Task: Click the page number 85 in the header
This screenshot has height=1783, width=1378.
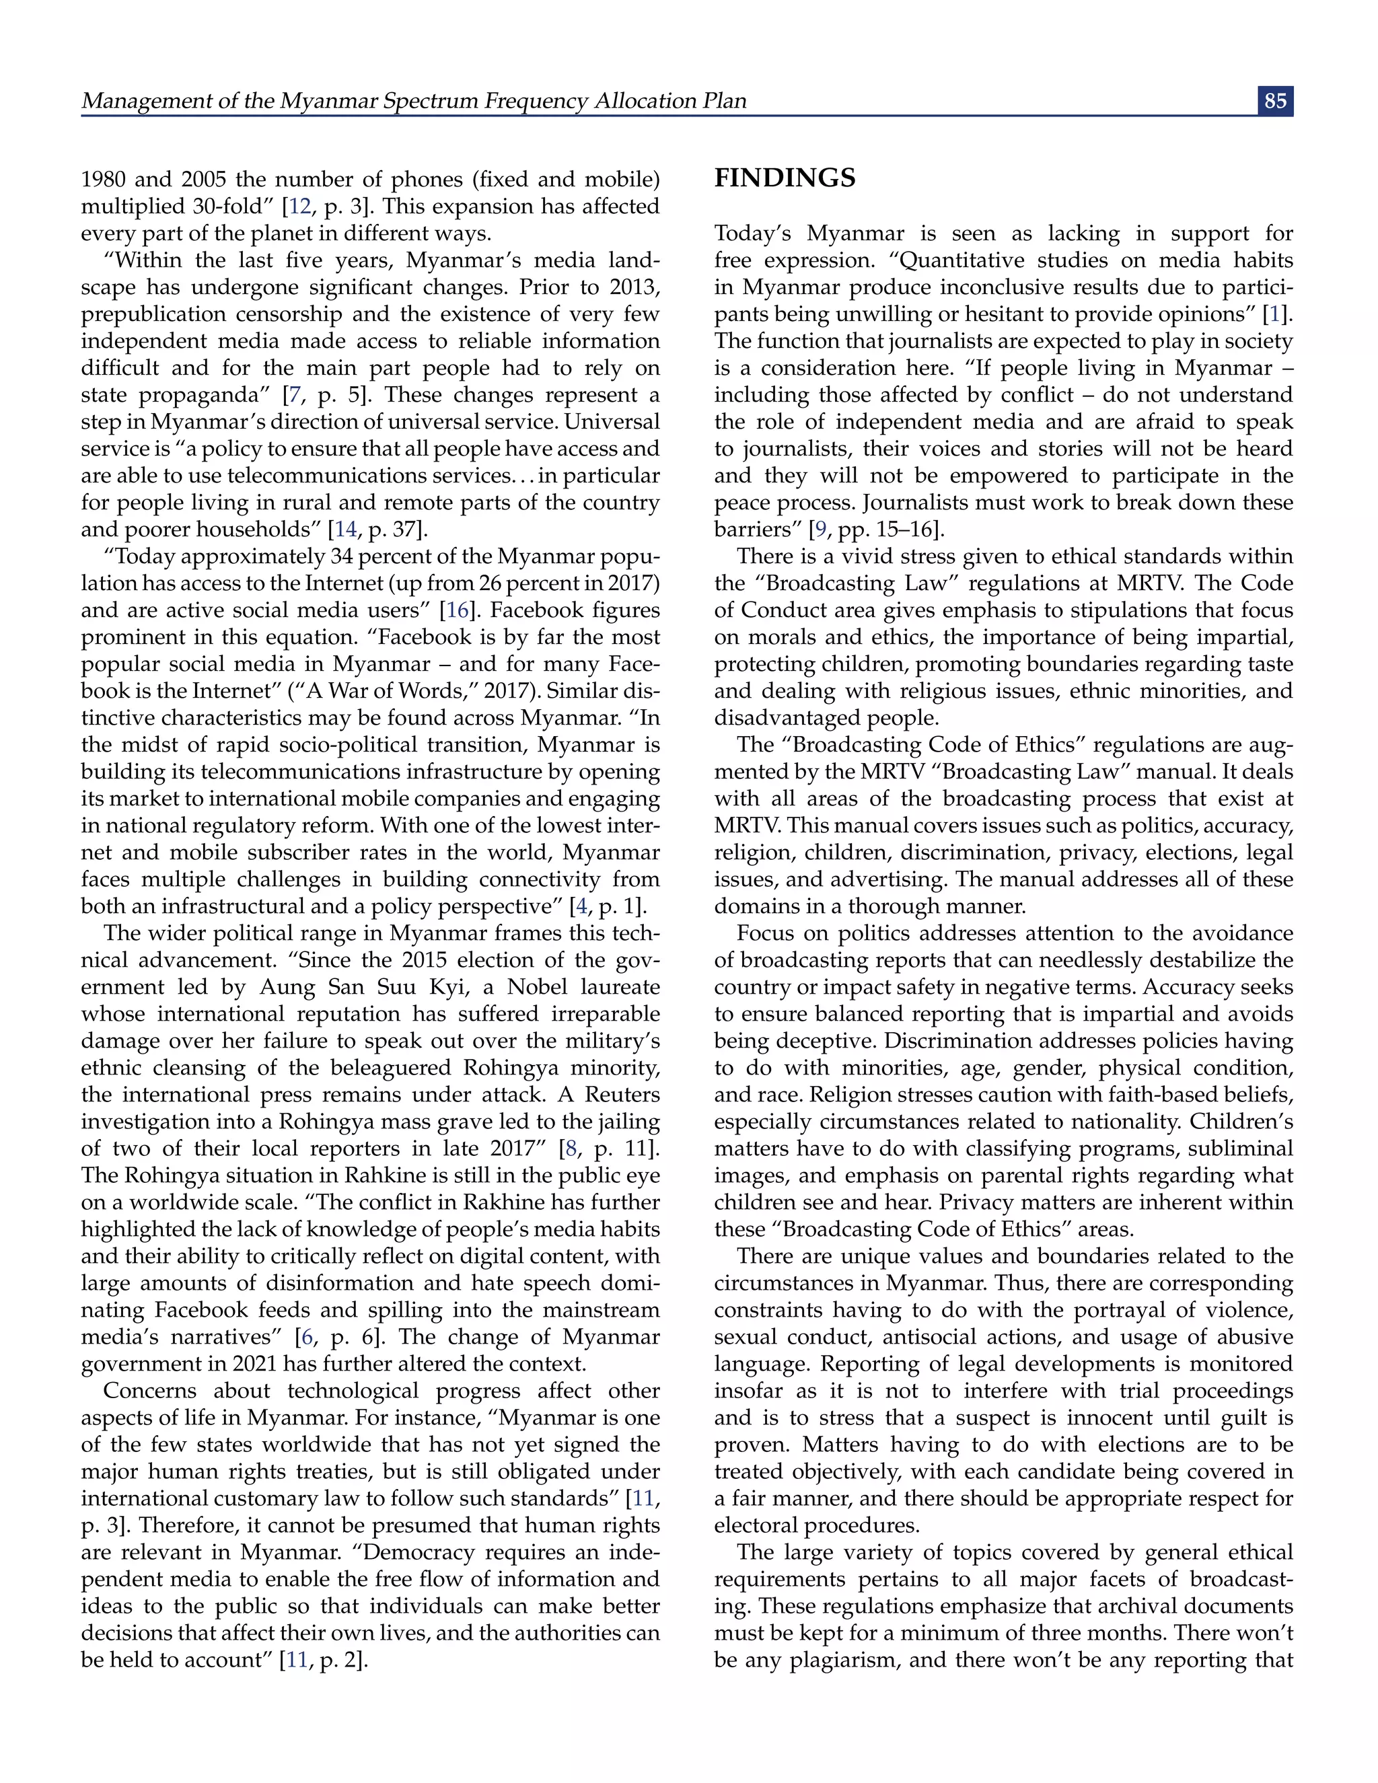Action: coord(1275,100)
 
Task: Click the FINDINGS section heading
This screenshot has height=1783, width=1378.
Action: coord(785,178)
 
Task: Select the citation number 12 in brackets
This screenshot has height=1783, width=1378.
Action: coord(299,207)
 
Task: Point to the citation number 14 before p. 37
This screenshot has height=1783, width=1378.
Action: coord(345,530)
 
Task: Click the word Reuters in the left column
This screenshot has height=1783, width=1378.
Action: coord(623,1095)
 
